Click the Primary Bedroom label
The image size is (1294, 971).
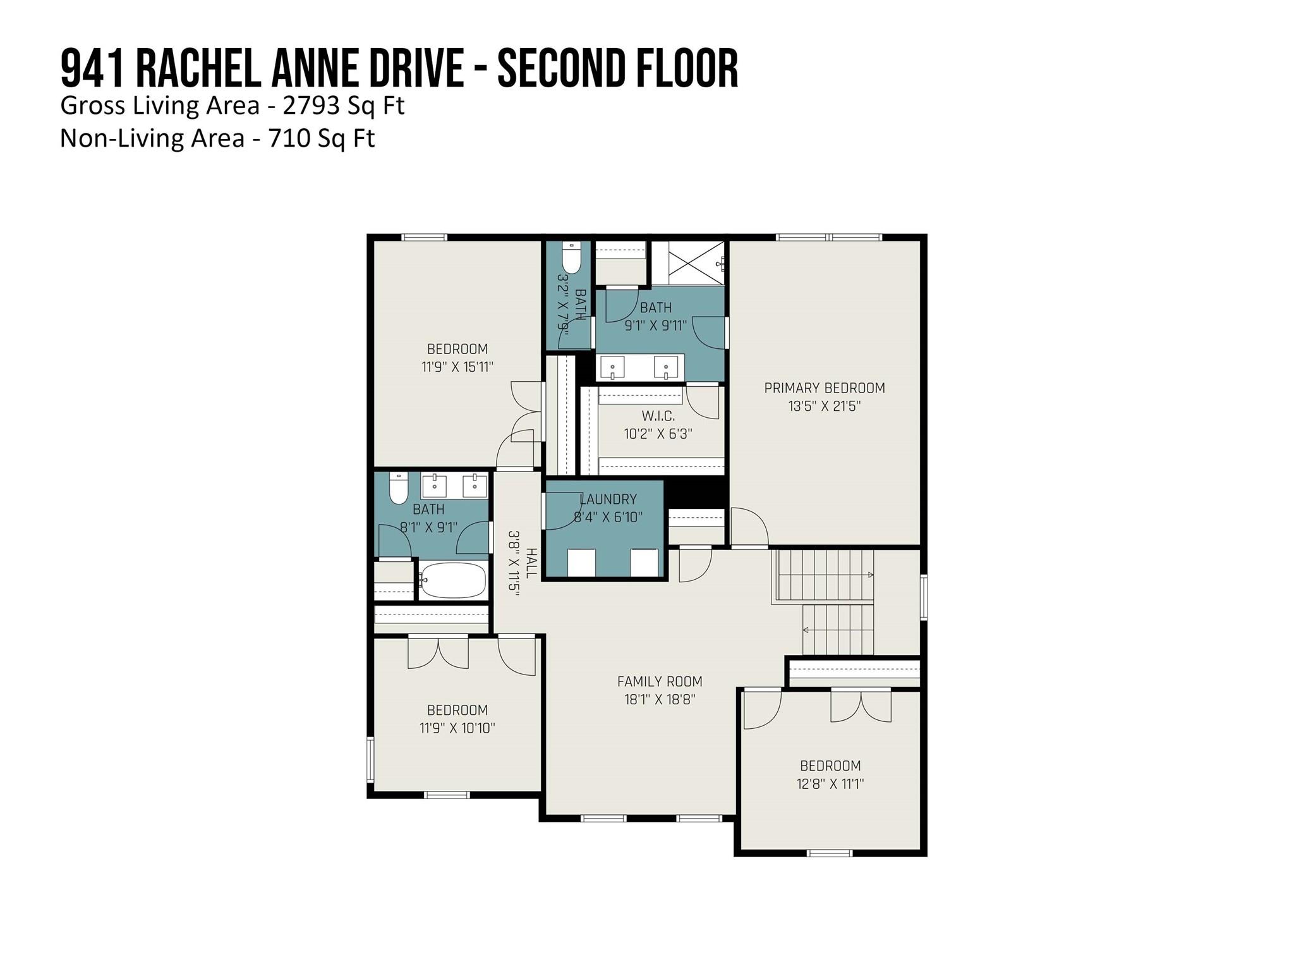tap(825, 388)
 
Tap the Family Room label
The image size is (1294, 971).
tap(660, 681)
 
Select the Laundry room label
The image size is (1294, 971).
tap(608, 499)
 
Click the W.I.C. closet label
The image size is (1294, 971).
tap(658, 416)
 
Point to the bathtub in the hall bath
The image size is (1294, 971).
tap(452, 580)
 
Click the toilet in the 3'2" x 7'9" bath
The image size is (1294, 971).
tap(572, 258)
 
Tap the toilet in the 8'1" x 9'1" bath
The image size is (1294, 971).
tap(399, 488)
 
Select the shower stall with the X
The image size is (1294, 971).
tap(688, 264)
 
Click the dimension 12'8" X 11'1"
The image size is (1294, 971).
tap(830, 784)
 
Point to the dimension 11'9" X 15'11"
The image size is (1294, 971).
tap(457, 367)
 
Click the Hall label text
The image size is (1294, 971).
tap(531, 563)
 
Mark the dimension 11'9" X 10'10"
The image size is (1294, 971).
tap(457, 728)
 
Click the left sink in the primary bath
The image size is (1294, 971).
tap(612, 367)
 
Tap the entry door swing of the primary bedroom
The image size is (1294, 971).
tap(749, 526)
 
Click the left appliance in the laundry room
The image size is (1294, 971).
tap(581, 563)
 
